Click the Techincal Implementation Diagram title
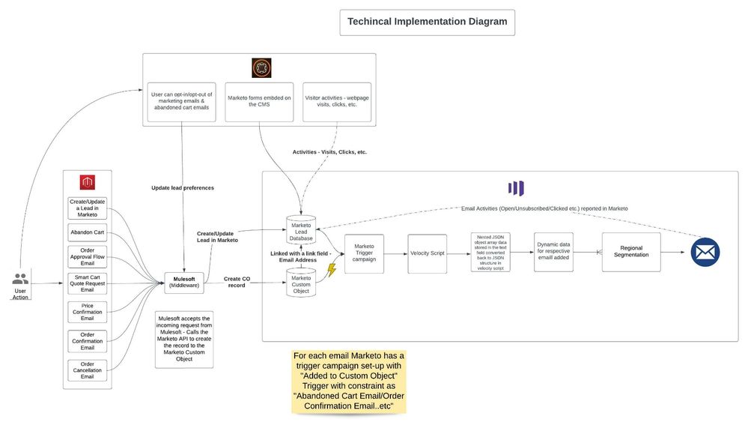[427, 22]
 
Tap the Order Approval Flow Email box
[88, 256]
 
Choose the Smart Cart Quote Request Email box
[88, 284]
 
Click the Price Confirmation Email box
[88, 313]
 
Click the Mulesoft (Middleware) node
[184, 282]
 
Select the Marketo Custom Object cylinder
[300, 284]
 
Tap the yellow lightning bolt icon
[331, 270]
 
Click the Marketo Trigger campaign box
[364, 253]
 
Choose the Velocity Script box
[427, 253]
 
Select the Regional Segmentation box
[631, 251]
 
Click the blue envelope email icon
[705, 252]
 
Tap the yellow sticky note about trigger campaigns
[349, 381]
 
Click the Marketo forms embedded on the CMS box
[258, 101]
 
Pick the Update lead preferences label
[183, 187]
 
